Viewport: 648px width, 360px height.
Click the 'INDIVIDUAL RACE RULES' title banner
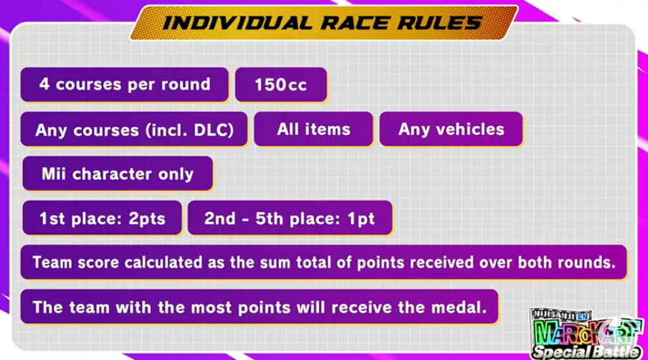pos(323,23)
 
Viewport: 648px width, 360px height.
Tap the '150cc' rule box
pos(281,85)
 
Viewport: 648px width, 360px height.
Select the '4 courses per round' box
pos(125,85)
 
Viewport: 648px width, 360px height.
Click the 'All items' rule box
pos(314,129)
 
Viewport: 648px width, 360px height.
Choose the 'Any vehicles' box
pos(451,129)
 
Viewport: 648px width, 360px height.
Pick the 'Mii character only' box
pos(118,174)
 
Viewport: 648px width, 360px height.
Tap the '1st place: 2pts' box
pos(102,218)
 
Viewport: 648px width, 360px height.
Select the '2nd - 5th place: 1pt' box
pos(290,218)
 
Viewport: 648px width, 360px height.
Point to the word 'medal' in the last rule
pos(458,307)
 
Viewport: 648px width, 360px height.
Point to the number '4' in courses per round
pos(44,85)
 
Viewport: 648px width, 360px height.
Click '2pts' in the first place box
pos(147,219)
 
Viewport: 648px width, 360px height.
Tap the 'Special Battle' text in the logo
pos(586,352)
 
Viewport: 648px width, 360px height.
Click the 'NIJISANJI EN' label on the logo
pos(561,315)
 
